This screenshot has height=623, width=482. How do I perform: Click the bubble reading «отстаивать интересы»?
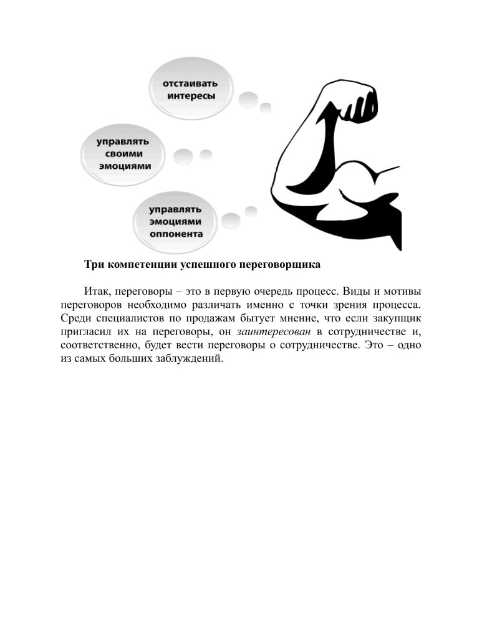(x=190, y=89)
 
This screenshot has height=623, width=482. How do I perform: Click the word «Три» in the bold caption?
(x=94, y=265)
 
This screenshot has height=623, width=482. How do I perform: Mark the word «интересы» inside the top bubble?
(x=191, y=96)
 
